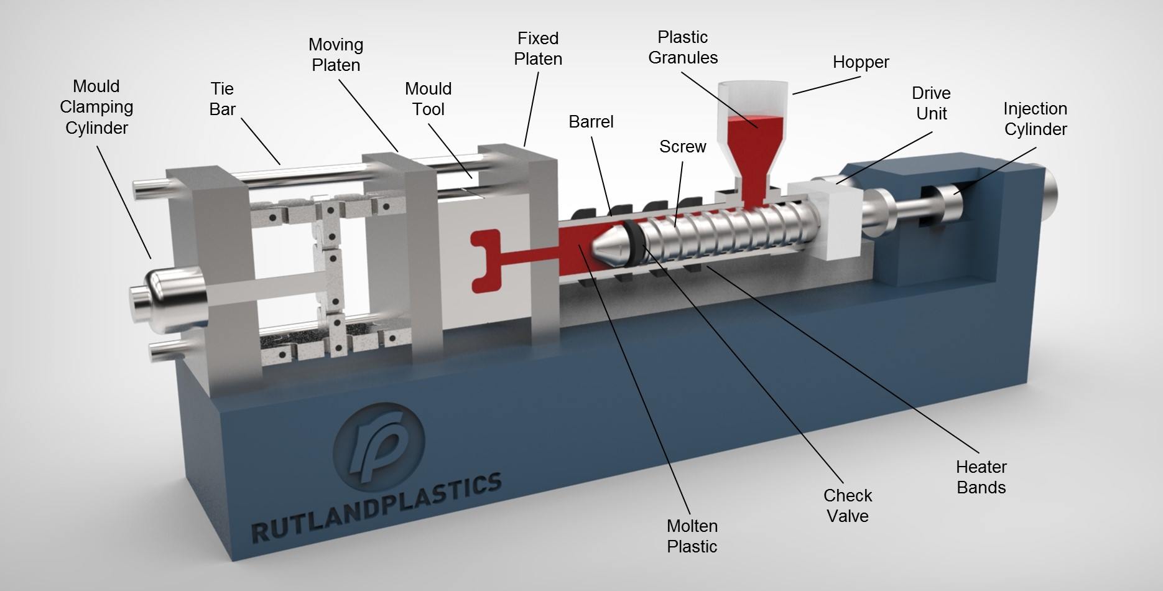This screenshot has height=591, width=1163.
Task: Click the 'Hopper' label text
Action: [x=861, y=62]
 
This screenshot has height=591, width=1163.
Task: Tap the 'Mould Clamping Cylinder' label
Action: [x=96, y=107]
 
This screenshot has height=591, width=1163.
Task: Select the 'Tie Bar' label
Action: [x=222, y=99]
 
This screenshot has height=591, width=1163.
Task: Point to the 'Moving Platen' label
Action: [x=336, y=55]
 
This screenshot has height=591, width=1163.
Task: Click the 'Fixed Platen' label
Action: [x=538, y=49]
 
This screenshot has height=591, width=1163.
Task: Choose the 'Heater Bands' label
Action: [x=981, y=477]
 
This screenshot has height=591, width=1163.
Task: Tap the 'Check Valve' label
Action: [x=848, y=506]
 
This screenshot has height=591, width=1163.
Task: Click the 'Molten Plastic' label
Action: [x=692, y=536]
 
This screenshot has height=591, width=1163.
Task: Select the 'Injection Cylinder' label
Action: [x=1036, y=119]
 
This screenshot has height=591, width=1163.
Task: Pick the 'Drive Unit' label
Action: [x=931, y=103]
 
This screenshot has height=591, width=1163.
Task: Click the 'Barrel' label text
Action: [x=591, y=122]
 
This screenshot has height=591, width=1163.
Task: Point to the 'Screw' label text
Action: [x=682, y=147]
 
